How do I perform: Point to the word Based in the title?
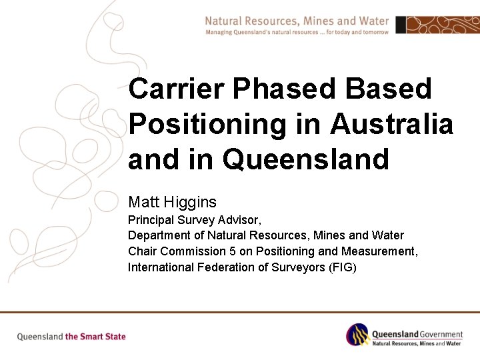tap(397, 89)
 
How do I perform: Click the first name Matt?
tap(143, 201)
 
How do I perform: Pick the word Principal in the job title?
tap(150, 219)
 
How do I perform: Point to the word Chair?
tap(142, 251)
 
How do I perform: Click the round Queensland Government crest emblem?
tap(357, 335)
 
